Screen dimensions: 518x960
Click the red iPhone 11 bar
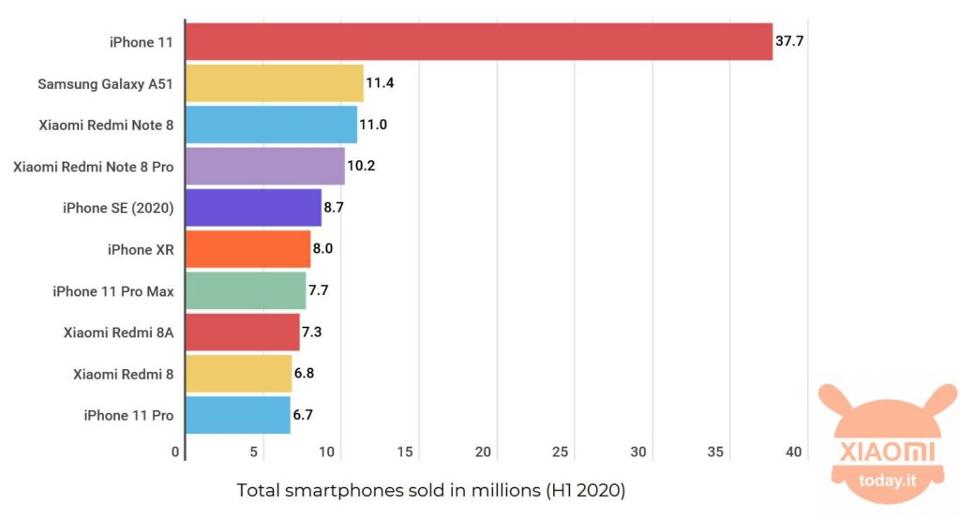(x=478, y=42)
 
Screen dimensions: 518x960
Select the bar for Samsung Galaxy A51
(x=274, y=83)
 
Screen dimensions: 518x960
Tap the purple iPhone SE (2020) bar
(x=253, y=208)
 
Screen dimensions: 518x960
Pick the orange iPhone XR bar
(x=247, y=249)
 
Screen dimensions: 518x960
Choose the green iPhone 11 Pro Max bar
(x=246, y=290)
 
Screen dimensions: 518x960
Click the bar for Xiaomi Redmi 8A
(x=242, y=332)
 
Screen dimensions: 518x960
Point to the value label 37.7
(x=789, y=42)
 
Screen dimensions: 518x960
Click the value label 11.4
(x=380, y=83)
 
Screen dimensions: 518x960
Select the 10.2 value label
(x=361, y=167)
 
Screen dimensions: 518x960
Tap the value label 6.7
(x=306, y=415)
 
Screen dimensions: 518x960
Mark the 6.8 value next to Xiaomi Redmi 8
(x=307, y=374)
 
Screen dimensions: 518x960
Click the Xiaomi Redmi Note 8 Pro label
(x=93, y=167)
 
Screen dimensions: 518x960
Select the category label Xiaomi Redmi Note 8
(x=106, y=126)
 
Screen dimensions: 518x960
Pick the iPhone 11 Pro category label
(x=128, y=415)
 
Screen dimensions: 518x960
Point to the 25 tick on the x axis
(x=561, y=452)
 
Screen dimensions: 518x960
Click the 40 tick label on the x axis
(x=793, y=452)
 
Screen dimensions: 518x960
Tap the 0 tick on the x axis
(x=176, y=452)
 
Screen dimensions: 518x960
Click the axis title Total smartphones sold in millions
(x=430, y=490)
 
